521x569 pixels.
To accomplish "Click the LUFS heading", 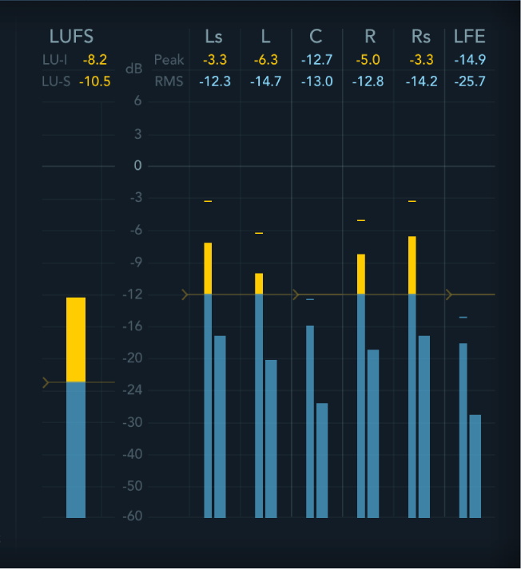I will point(71,36).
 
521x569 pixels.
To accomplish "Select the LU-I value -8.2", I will point(94,59).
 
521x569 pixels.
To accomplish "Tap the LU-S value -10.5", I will point(94,81).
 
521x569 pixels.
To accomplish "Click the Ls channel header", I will point(213,36).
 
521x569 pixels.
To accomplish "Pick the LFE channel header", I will point(469,36).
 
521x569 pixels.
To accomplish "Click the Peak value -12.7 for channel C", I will point(316,59).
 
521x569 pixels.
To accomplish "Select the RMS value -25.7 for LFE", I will point(469,81).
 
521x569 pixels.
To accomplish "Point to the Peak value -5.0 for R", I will point(368,59).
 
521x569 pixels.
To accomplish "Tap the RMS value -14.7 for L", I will point(265,81).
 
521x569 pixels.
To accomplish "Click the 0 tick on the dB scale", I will point(137,166).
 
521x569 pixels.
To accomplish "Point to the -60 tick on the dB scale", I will point(133,517).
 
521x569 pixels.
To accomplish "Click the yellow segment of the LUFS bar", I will point(76,339).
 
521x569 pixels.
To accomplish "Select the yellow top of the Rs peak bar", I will point(412,265).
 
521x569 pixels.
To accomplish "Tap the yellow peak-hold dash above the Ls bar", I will point(208,201).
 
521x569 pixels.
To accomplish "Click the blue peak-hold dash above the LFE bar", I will point(463,318).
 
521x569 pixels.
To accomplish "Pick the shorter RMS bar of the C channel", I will point(322,460).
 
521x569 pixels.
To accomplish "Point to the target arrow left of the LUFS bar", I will point(46,383).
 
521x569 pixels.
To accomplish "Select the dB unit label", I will point(134,69).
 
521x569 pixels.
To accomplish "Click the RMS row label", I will point(169,81).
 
